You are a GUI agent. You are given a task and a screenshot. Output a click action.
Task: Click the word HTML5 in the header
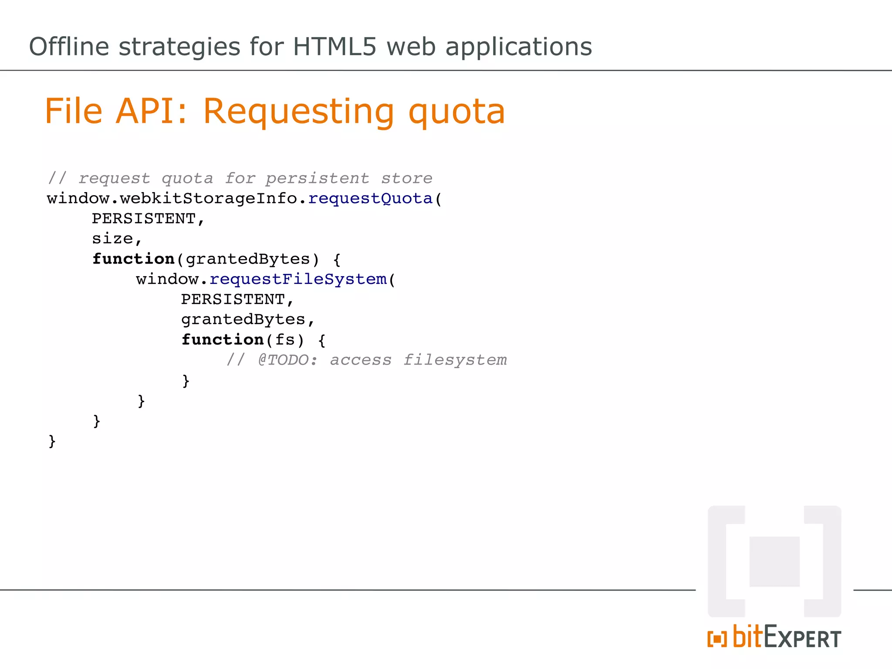(x=334, y=47)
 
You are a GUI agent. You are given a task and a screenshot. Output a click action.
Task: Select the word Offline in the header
(x=69, y=47)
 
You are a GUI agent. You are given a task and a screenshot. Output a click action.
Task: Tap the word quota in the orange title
(x=456, y=112)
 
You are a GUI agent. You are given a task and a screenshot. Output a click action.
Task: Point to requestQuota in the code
(x=370, y=199)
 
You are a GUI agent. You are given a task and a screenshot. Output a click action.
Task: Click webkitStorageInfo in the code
(x=209, y=199)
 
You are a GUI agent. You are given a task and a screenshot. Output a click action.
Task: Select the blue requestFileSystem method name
(x=298, y=279)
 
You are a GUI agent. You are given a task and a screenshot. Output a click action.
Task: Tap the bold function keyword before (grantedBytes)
(x=133, y=259)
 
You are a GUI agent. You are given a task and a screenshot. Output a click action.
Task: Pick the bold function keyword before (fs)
(x=223, y=340)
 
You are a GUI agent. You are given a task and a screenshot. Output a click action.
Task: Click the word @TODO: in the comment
(x=288, y=360)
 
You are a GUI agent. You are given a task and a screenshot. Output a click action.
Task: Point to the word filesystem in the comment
(x=455, y=360)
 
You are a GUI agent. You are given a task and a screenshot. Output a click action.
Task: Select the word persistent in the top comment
(x=317, y=179)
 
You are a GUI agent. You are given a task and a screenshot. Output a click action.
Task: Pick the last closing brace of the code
(x=52, y=441)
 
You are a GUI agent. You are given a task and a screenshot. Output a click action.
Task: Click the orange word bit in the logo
(x=748, y=637)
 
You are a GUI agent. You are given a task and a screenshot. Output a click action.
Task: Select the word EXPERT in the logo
(x=802, y=638)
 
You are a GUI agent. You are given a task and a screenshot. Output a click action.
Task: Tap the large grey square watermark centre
(x=774, y=561)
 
